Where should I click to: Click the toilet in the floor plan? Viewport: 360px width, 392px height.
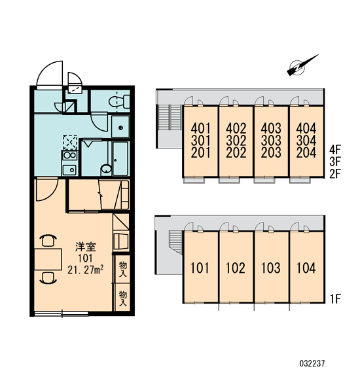pyautogui.click(x=119, y=101)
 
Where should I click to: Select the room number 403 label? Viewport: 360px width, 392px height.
pyautogui.click(x=271, y=128)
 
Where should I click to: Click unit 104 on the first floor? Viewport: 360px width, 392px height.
pyautogui.click(x=306, y=268)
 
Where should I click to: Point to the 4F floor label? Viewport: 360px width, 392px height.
pyautogui.click(x=335, y=150)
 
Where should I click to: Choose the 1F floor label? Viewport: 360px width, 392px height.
pyautogui.click(x=335, y=299)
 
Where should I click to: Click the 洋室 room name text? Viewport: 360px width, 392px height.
pyautogui.click(x=86, y=247)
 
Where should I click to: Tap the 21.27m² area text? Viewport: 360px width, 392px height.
pyautogui.click(x=86, y=270)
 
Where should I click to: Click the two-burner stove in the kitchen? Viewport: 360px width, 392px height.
pyautogui.click(x=70, y=155)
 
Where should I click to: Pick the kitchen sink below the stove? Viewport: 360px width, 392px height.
pyautogui.click(x=69, y=170)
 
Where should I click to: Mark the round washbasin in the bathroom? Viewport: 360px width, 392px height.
pyautogui.click(x=106, y=169)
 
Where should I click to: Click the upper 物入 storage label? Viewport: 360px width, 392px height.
pyautogui.click(x=123, y=269)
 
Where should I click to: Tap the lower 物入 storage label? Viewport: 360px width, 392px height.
pyautogui.click(x=123, y=298)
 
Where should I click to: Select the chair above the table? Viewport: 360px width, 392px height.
pyautogui.click(x=48, y=240)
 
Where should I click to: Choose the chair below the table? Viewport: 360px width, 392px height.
pyautogui.click(x=48, y=278)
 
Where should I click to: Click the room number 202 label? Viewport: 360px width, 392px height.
pyautogui.click(x=236, y=152)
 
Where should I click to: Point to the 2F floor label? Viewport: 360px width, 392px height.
pyautogui.click(x=335, y=173)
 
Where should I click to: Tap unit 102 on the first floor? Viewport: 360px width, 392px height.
pyautogui.click(x=236, y=268)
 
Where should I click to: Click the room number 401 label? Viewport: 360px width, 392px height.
pyautogui.click(x=201, y=128)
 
